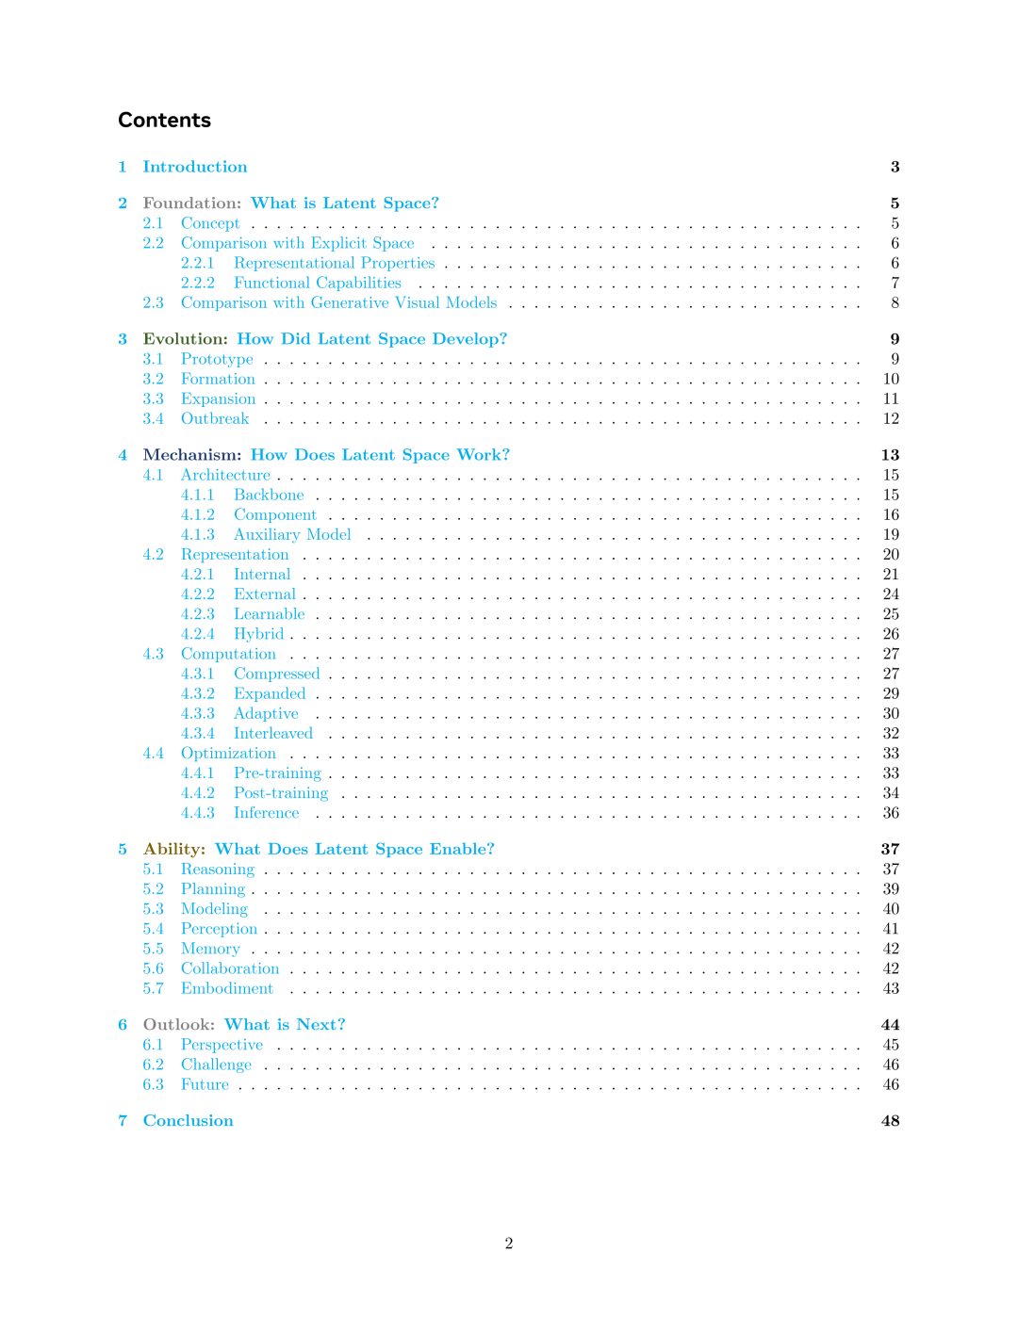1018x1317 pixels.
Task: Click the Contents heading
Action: click(x=164, y=121)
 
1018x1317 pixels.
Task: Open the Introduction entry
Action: click(x=194, y=167)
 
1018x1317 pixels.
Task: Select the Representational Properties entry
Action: click(x=334, y=264)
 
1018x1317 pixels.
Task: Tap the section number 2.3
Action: click(x=153, y=303)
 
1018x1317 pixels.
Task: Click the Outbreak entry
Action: click(x=215, y=419)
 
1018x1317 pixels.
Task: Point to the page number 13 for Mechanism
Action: click(x=890, y=455)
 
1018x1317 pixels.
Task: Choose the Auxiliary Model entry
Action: click(x=292, y=535)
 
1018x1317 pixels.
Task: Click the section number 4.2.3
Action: click(x=197, y=614)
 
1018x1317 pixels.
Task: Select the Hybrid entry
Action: click(x=258, y=634)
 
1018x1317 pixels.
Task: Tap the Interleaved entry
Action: click(x=272, y=734)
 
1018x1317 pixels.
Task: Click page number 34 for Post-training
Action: click(x=891, y=793)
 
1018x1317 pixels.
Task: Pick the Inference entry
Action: click(x=266, y=813)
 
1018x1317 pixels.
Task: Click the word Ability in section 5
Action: click(x=173, y=850)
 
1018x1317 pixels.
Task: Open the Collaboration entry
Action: click(x=230, y=968)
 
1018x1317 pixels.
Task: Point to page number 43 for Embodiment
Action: click(x=891, y=988)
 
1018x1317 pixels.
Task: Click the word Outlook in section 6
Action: click(x=178, y=1025)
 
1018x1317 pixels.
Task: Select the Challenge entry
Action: click(x=216, y=1065)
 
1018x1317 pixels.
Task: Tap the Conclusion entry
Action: click(x=188, y=1121)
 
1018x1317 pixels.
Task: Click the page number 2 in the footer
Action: click(x=509, y=1244)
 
